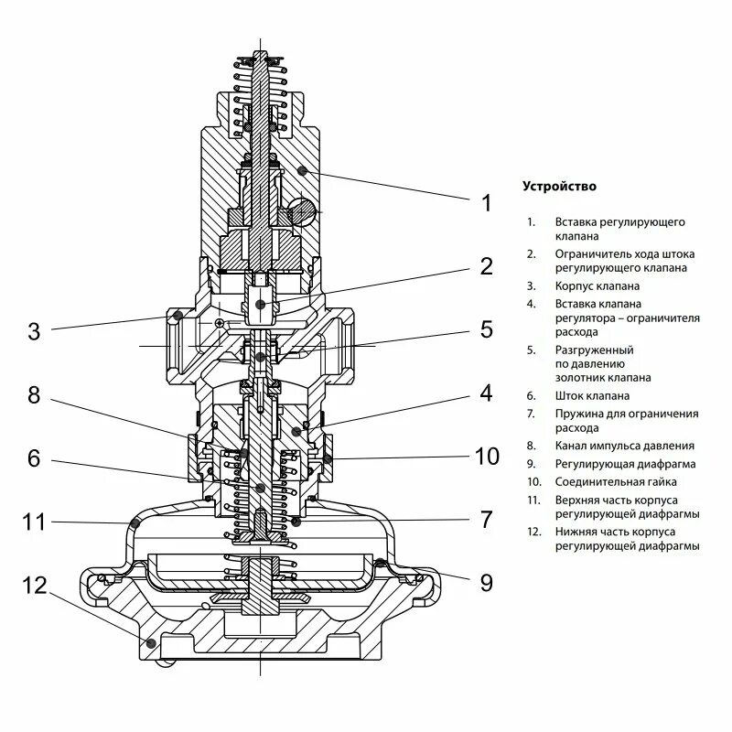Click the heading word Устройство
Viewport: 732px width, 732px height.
[559, 187]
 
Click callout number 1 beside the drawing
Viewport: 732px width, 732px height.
[487, 203]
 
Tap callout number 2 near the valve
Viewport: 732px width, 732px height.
[486, 266]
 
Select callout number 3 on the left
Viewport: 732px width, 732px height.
[34, 331]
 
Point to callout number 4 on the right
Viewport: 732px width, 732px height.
[486, 393]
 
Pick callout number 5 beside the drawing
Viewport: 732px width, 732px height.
[486, 330]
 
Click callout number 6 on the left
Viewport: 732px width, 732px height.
[34, 457]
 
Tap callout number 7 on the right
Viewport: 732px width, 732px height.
[487, 520]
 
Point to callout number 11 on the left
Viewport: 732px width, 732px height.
[34, 522]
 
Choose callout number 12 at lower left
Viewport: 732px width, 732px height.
[34, 586]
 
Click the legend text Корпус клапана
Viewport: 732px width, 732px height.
[597, 285]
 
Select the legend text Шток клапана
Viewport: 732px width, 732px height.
[591, 396]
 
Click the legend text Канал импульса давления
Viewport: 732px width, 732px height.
[623, 447]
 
